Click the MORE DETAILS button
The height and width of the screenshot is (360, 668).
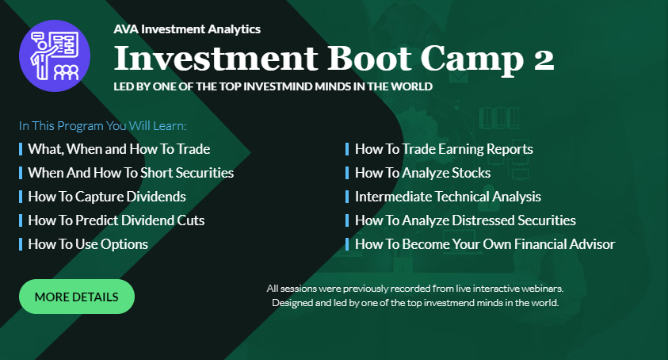(x=77, y=297)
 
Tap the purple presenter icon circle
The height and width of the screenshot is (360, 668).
(x=55, y=56)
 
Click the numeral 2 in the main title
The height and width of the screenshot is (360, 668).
(x=544, y=59)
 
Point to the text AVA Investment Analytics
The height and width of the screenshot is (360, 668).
(x=187, y=29)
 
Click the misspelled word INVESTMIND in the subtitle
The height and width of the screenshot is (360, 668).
(x=278, y=86)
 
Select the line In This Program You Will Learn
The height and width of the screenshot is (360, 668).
(x=103, y=126)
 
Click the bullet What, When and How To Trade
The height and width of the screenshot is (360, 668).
(x=119, y=149)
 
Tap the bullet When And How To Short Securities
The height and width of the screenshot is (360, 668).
(x=131, y=173)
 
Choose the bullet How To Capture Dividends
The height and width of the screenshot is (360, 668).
(x=107, y=197)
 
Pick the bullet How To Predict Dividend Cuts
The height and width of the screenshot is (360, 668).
(x=116, y=220)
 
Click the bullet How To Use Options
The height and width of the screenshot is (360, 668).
(x=88, y=244)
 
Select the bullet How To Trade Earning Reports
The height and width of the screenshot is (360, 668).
(x=444, y=149)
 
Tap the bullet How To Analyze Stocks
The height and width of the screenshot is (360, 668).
(x=422, y=173)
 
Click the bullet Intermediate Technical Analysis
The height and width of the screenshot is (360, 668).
(x=448, y=197)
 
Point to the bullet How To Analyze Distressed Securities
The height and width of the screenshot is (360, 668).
(x=465, y=220)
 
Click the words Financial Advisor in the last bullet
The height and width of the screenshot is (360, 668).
(x=564, y=244)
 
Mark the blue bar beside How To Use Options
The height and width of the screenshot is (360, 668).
(x=21, y=244)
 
